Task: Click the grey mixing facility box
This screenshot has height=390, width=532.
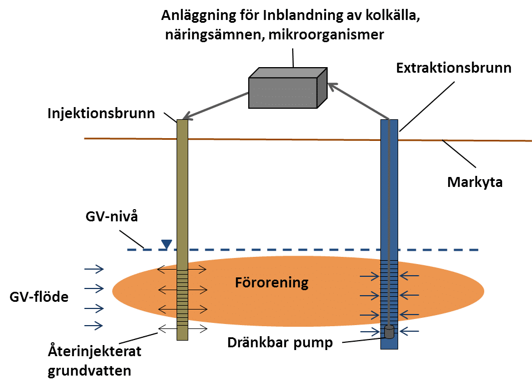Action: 288,88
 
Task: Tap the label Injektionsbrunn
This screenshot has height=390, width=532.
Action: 101,113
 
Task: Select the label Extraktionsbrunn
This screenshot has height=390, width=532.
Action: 454,68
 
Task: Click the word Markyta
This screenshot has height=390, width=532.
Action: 475,183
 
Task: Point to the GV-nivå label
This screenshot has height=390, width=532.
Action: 112,216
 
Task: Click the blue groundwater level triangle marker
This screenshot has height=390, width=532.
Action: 167,244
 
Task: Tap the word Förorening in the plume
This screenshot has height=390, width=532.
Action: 272,282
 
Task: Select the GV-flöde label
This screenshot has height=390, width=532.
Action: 39,297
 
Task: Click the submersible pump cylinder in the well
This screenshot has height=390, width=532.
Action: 389,332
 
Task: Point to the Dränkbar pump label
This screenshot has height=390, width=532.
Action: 280,343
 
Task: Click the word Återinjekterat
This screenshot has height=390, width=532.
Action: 94,351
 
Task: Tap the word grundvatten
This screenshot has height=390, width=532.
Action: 89,371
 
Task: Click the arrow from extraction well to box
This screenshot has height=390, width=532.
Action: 359,102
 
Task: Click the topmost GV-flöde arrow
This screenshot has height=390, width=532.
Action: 94,269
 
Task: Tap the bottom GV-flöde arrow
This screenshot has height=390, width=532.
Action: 94,326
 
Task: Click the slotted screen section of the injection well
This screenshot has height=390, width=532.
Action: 183,298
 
